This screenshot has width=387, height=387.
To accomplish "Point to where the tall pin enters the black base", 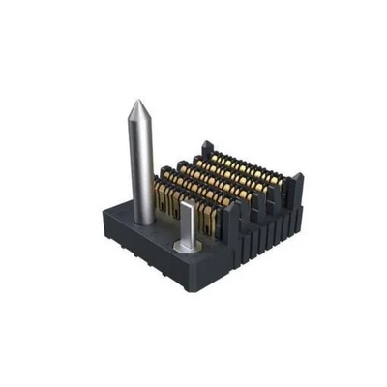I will (144, 220).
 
